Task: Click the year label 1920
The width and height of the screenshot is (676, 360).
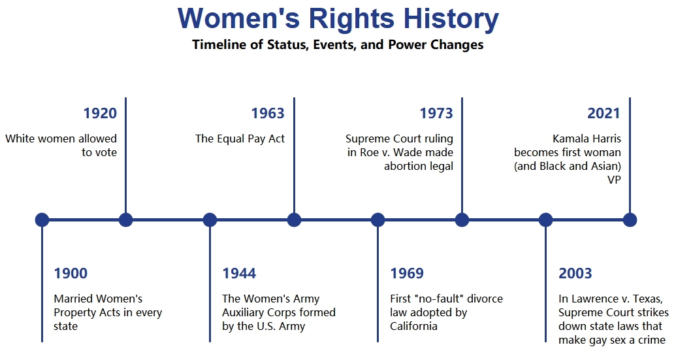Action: click(100, 114)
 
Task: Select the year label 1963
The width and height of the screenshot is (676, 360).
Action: click(268, 114)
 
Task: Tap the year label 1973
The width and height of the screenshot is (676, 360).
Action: click(436, 114)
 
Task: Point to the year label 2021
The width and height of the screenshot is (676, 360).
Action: click(604, 114)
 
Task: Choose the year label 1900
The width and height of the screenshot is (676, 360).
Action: click(71, 273)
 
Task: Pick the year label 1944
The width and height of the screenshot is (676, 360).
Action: click(239, 273)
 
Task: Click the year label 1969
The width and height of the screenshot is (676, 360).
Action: click(407, 273)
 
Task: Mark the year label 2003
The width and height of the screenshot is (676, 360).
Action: click(575, 273)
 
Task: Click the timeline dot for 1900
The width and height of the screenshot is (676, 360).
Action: click(42, 220)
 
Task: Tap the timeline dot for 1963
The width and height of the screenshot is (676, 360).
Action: click(294, 220)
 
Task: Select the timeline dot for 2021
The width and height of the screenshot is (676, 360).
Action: click(630, 220)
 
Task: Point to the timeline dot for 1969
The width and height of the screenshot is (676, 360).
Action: click(378, 220)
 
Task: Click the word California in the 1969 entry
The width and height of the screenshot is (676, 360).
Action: click(413, 326)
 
